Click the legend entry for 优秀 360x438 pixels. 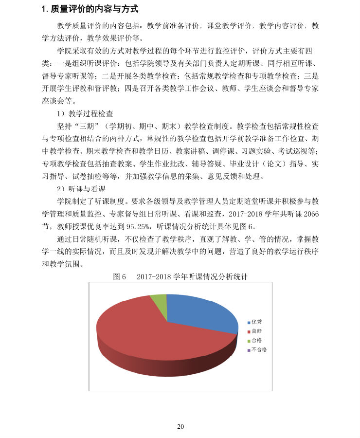[x=256, y=322]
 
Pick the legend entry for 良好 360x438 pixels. [x=256, y=331]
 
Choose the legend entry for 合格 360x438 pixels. [x=256, y=340]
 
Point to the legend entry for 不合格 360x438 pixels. [x=258, y=349]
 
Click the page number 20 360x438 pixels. [x=180, y=427]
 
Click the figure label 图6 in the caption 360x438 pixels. [x=120, y=276]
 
